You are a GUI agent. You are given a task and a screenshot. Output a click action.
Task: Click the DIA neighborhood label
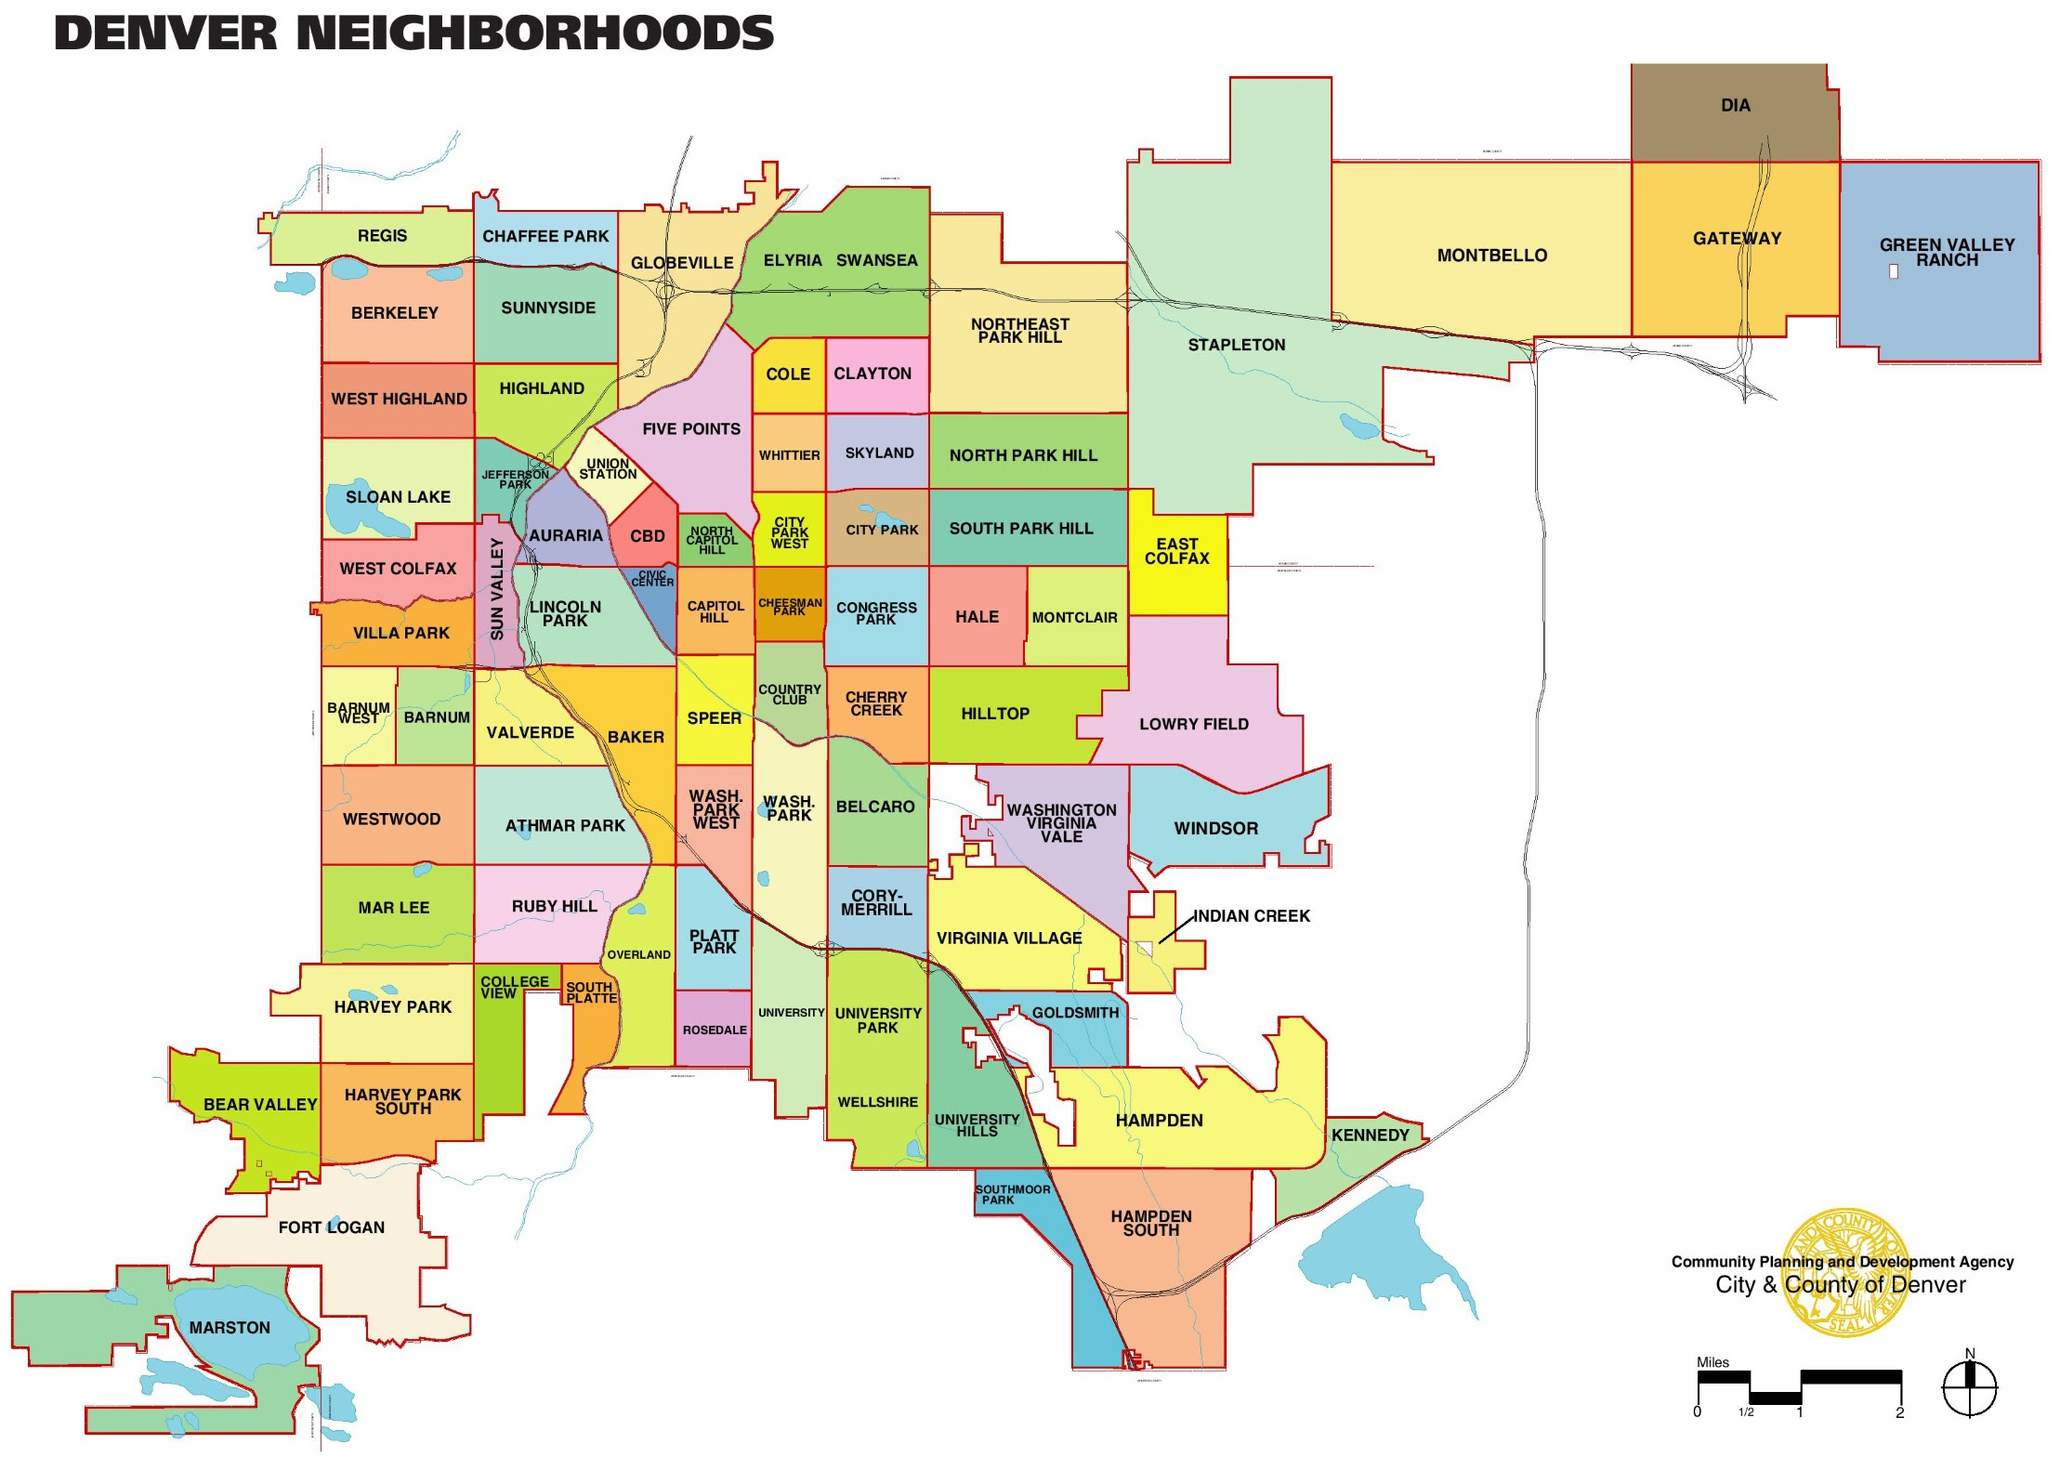coord(1735,106)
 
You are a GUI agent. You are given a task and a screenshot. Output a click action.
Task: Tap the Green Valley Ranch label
coord(1947,252)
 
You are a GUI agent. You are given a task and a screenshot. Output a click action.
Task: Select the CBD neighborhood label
coord(648,536)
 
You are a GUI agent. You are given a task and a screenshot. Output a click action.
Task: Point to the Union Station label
coord(608,468)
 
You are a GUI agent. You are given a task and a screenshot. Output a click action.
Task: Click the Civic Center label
coord(652,578)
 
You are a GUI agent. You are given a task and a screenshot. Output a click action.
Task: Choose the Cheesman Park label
coord(790,607)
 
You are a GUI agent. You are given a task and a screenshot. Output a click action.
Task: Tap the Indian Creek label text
coord(1251,916)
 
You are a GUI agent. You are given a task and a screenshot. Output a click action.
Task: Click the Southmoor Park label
coord(1012,1194)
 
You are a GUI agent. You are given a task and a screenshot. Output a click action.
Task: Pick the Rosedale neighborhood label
coord(714,1030)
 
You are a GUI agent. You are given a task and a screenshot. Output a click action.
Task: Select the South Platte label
coord(591,992)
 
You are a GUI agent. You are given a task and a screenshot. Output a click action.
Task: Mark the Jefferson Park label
coord(515,479)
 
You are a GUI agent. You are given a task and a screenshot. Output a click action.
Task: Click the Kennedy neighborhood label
coord(1370,1135)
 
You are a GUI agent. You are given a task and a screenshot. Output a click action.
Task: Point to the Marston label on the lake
coord(230,1328)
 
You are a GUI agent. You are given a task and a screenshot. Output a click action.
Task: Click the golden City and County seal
coord(1845,1272)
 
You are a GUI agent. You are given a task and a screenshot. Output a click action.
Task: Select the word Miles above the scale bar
coord(1712,1362)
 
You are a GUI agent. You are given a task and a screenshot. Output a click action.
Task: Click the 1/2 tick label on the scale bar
coord(1746,1412)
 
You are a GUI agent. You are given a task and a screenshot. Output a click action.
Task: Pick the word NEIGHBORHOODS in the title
coord(534,33)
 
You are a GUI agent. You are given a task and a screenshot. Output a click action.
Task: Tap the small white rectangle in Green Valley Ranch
coord(1893,271)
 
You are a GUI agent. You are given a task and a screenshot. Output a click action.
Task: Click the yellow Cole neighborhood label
coord(788,374)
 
